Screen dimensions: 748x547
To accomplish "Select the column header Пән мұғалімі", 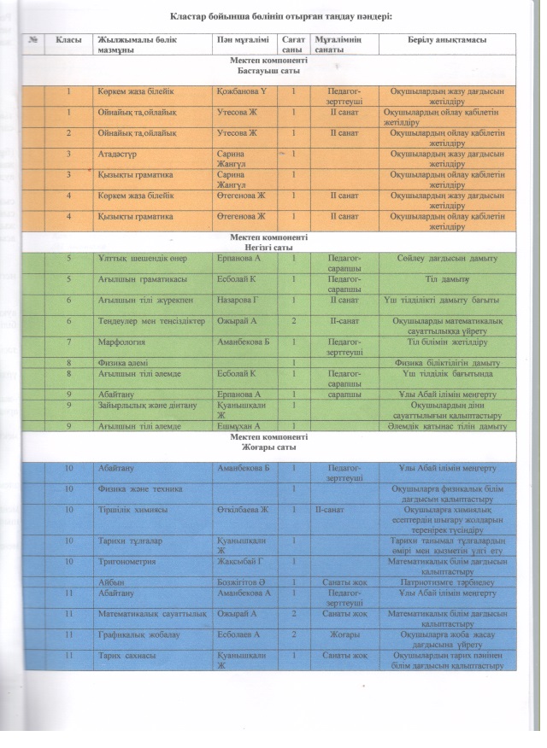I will (242, 39).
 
